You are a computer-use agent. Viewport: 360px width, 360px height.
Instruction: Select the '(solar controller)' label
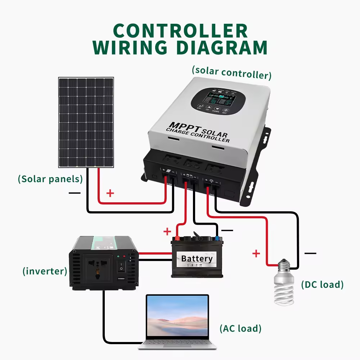click(x=231, y=72)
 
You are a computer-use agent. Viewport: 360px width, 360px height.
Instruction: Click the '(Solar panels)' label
click(x=50, y=179)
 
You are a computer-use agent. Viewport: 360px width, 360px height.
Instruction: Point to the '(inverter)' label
click(x=45, y=271)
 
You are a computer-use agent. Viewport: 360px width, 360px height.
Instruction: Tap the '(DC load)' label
click(x=322, y=284)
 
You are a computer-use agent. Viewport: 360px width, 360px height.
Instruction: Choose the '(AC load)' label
click(x=240, y=328)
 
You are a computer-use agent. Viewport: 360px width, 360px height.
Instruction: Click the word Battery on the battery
click(x=197, y=258)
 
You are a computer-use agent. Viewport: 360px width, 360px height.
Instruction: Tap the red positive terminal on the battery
click(x=177, y=238)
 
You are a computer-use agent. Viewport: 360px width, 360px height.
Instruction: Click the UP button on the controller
click(x=208, y=108)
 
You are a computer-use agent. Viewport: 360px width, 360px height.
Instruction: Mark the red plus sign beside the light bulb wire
click(x=256, y=254)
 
